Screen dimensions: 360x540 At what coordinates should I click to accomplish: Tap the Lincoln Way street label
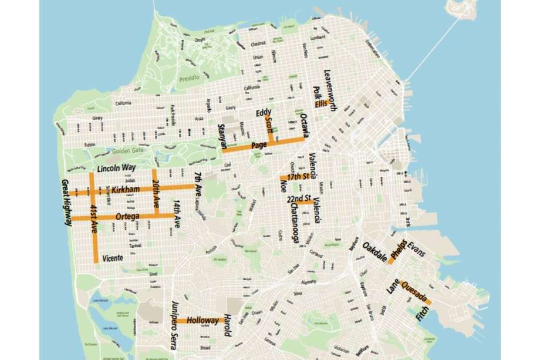point(116,169)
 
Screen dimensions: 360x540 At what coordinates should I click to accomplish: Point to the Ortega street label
point(127,217)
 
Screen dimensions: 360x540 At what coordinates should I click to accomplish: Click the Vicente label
point(113,258)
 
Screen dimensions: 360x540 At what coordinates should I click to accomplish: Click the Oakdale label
point(374,251)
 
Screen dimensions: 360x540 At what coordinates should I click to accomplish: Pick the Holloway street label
point(202,321)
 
